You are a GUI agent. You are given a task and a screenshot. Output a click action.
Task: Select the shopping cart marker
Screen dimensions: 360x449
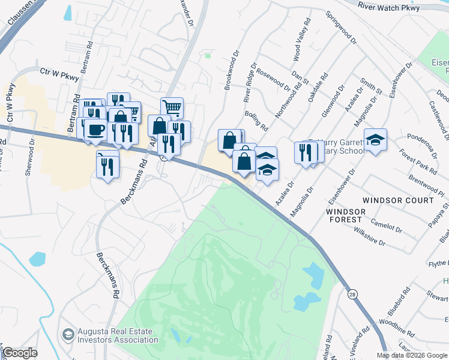click(x=172, y=108)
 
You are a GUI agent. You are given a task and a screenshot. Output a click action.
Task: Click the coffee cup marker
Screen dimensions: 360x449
click(x=95, y=129)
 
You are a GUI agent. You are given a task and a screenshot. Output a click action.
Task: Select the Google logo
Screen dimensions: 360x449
click(x=19, y=353)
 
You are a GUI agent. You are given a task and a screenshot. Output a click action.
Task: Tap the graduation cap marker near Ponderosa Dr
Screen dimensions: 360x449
click(x=375, y=140)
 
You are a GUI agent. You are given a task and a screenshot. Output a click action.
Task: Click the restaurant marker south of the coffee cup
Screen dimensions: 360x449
click(x=107, y=164)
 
